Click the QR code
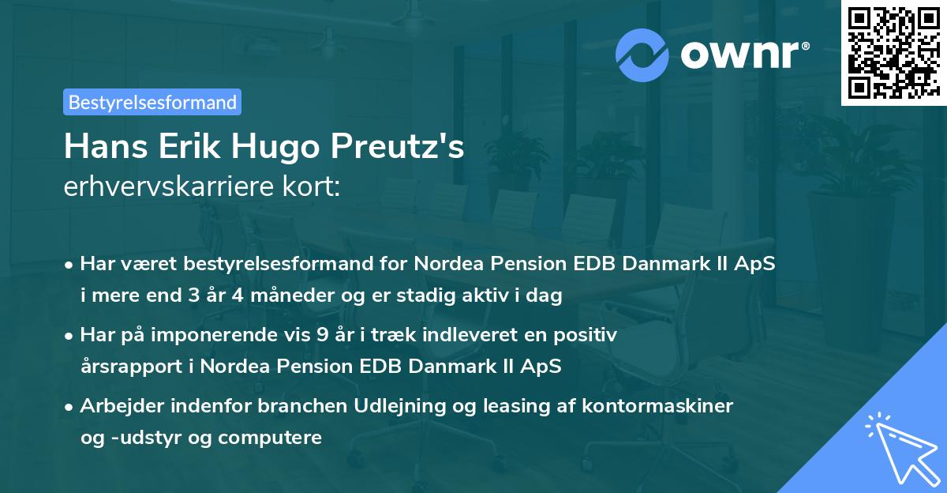coord(892,53)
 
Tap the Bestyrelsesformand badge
coord(152,102)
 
